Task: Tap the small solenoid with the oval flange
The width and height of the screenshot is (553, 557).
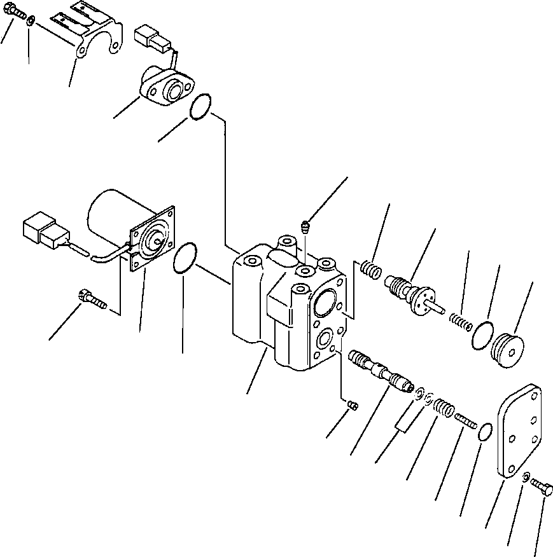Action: (166, 88)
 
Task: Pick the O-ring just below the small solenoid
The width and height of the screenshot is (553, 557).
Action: (200, 106)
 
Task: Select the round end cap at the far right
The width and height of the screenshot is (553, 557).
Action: (510, 349)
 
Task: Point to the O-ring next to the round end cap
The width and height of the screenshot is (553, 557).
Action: (484, 335)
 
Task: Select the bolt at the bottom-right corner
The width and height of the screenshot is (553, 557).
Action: (542, 488)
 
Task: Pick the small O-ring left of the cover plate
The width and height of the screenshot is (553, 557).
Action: (485, 432)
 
